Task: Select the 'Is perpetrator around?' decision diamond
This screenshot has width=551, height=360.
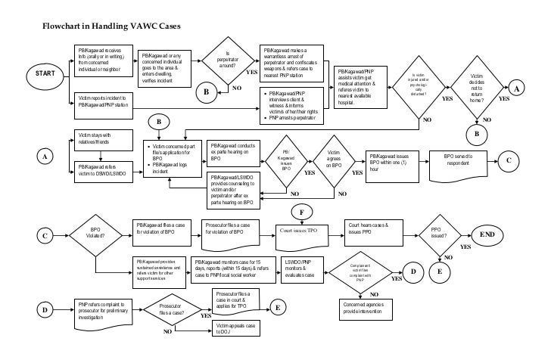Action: (x=231, y=62)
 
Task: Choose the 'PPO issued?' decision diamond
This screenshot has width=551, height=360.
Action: (x=438, y=234)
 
